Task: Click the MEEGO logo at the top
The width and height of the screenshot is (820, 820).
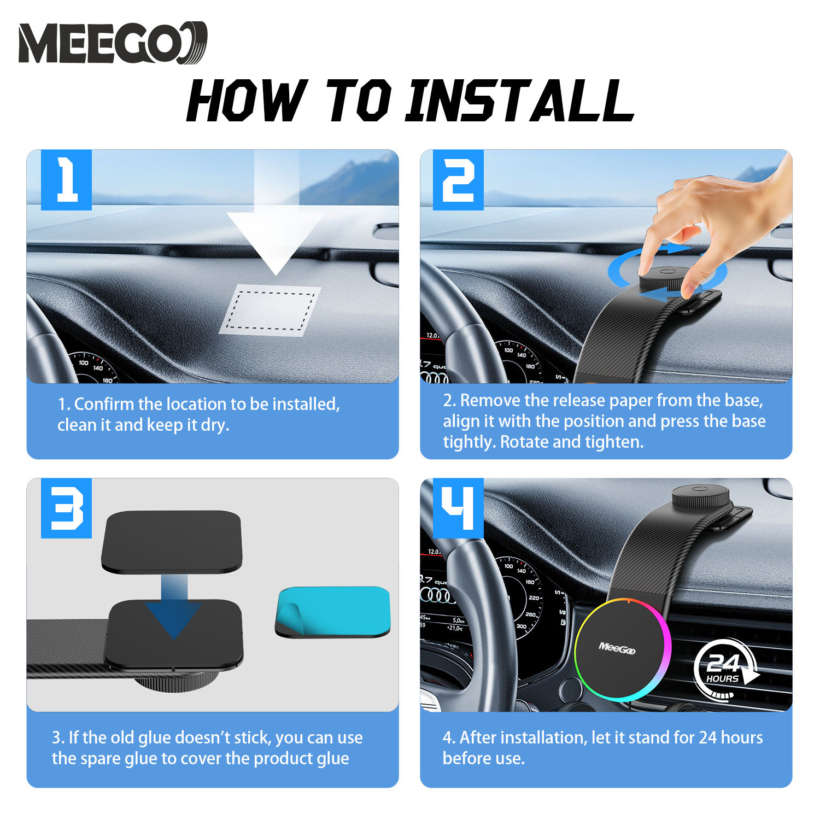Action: tap(113, 43)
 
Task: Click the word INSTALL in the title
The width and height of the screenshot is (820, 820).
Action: tap(519, 101)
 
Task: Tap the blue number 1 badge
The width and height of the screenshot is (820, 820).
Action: tap(66, 180)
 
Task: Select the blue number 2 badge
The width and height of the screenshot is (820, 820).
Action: tap(458, 180)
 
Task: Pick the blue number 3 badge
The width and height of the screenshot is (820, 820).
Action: tap(66, 508)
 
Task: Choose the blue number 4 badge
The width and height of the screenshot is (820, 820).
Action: tap(458, 508)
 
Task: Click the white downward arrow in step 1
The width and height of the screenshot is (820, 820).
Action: tap(276, 230)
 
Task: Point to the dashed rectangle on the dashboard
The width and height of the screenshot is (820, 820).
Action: tap(271, 311)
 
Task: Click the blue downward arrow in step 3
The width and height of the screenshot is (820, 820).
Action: tap(174, 607)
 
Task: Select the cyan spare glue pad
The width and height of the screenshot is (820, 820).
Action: tap(332, 612)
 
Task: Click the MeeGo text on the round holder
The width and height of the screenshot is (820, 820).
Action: tap(617, 648)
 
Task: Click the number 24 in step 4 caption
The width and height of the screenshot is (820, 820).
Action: tap(707, 738)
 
